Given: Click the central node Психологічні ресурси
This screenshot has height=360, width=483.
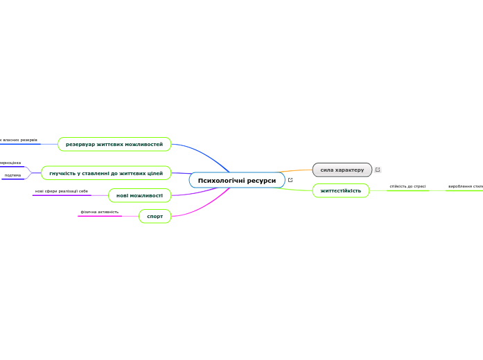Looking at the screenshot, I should pos(236,181).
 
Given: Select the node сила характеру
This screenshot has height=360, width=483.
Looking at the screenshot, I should pos(342,170).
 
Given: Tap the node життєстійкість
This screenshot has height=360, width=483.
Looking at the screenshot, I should pos(340,190).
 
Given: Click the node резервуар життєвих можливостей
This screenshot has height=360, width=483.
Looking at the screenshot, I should pos(114,144).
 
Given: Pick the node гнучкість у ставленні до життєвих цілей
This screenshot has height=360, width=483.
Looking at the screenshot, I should pos(106,173).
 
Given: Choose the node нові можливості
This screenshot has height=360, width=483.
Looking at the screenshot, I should pos(139,195).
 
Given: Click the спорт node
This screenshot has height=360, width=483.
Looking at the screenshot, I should pos(155,216).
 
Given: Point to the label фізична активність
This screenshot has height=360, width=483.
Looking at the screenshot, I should pos(100,212).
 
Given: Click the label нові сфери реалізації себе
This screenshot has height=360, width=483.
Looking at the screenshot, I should pos(62,191).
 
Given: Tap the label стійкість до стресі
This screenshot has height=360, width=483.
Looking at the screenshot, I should pos(407,186).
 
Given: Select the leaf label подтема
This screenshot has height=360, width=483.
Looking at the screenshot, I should pos(12,175).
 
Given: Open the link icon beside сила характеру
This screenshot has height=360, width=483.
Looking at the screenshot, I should pos(378,170).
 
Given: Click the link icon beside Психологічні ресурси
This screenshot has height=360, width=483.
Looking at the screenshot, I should pos(290,180).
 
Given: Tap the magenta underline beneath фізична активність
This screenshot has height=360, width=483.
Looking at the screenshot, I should pos(100,216).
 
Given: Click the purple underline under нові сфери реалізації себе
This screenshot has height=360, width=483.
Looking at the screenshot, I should pos(62,195).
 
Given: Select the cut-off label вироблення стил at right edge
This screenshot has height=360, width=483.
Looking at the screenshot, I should pos(465,186).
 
